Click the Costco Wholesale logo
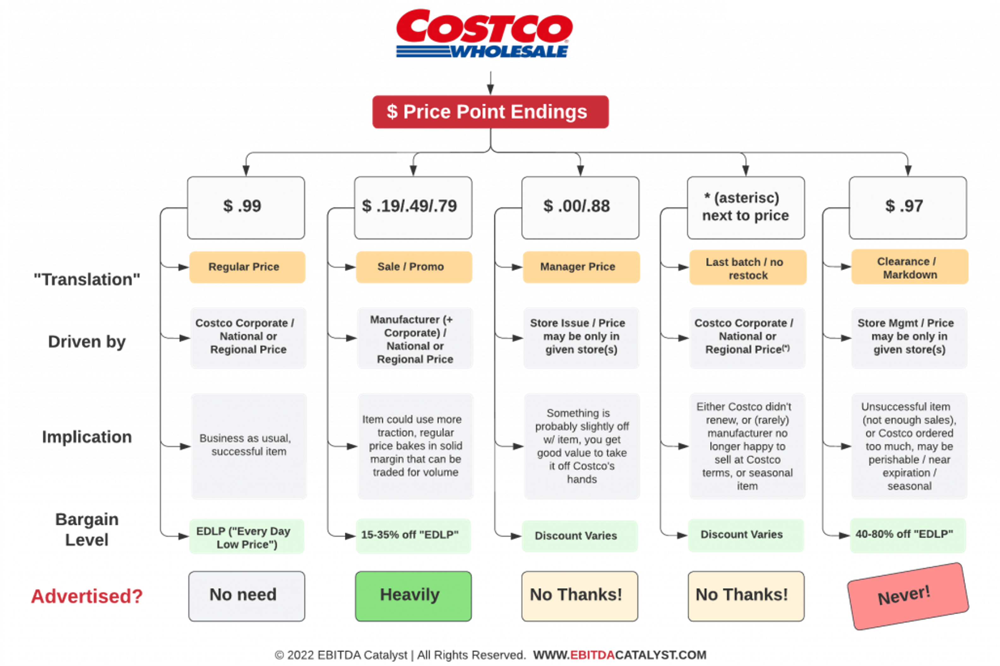[x=484, y=34]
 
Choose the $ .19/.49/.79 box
[x=413, y=208]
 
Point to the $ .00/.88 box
[x=580, y=208]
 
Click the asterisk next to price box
[x=746, y=208]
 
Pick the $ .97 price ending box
[x=908, y=208]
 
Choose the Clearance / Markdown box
[x=909, y=267]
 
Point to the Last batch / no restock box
[x=747, y=268]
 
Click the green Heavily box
[x=413, y=596]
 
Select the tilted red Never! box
[x=908, y=596]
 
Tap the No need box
[x=247, y=596]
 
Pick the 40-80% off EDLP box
[x=908, y=535]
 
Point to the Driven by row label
[x=87, y=342]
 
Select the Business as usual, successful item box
[x=249, y=445]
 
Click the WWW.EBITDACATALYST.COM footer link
[x=619, y=655]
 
